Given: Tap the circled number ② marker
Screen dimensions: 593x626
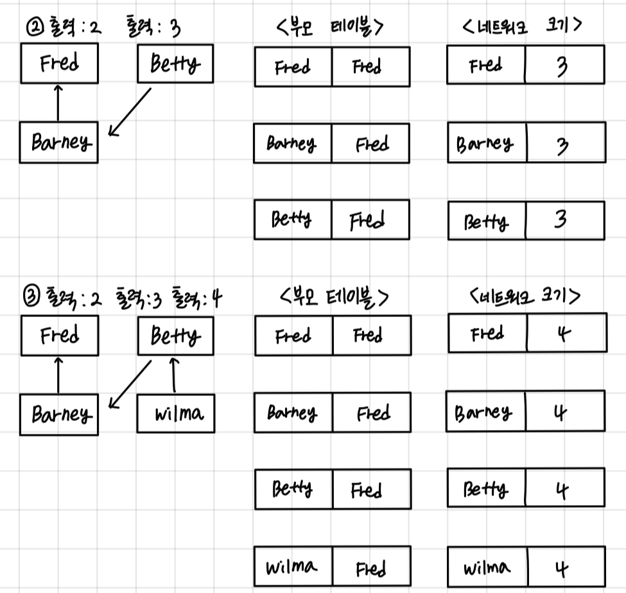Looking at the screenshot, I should point(31,28).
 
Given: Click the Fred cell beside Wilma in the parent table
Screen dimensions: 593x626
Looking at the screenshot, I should point(371,567).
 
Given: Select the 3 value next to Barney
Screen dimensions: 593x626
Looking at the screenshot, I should point(564,144).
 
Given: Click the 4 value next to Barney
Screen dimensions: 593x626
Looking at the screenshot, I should point(564,412).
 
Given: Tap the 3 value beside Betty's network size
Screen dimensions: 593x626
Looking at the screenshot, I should point(564,221).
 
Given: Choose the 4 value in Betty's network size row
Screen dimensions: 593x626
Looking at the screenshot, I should point(564,488).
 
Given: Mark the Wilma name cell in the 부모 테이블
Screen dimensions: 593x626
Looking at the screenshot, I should point(293,567).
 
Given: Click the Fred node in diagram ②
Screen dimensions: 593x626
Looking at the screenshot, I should point(59,64).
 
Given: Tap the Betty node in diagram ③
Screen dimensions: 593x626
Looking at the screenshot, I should point(175,336).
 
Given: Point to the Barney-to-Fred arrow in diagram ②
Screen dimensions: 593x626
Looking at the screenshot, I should point(58,103).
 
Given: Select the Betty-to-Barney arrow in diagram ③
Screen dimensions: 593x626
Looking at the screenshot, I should point(130,384).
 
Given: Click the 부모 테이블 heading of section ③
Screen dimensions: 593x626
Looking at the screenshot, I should point(335,297).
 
